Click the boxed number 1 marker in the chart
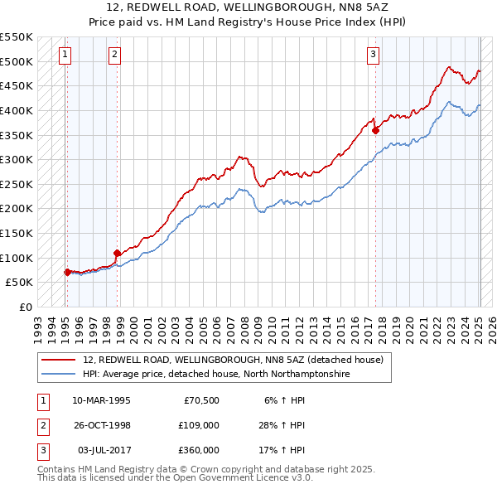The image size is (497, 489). point(65,56)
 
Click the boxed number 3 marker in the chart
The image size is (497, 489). point(374,56)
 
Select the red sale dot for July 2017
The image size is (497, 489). point(376,130)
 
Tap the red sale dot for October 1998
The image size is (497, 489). point(118,253)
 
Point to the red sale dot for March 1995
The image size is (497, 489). point(67,272)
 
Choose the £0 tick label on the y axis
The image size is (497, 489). point(26,307)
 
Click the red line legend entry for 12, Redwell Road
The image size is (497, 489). point(233,361)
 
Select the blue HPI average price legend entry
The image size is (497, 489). point(216,375)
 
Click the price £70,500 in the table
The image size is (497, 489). point(200,400)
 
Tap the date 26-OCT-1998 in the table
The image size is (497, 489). point(101,425)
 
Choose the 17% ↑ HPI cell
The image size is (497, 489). point(282,450)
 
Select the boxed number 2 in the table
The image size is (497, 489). point(42,425)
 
